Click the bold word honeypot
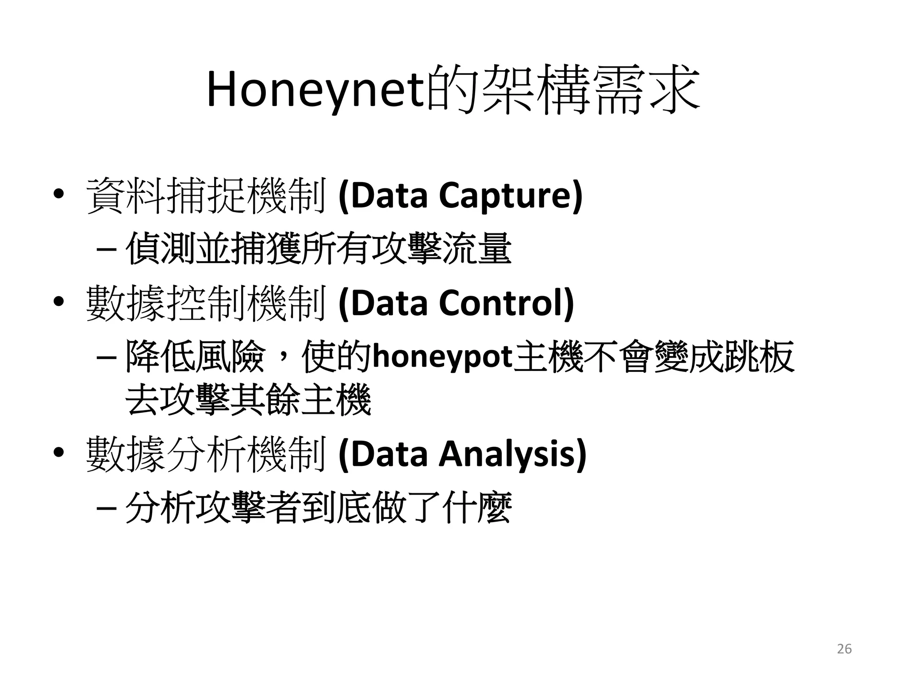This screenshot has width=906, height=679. click(443, 356)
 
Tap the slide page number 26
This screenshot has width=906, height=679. click(844, 648)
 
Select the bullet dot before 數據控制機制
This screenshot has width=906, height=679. click(58, 302)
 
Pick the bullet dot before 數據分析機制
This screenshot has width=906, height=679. click(58, 453)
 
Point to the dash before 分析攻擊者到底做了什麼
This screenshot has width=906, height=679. click(106, 508)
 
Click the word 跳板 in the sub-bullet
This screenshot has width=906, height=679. click(759, 356)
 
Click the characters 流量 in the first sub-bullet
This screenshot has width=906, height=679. click(477, 249)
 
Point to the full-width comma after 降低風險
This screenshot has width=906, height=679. click(283, 360)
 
